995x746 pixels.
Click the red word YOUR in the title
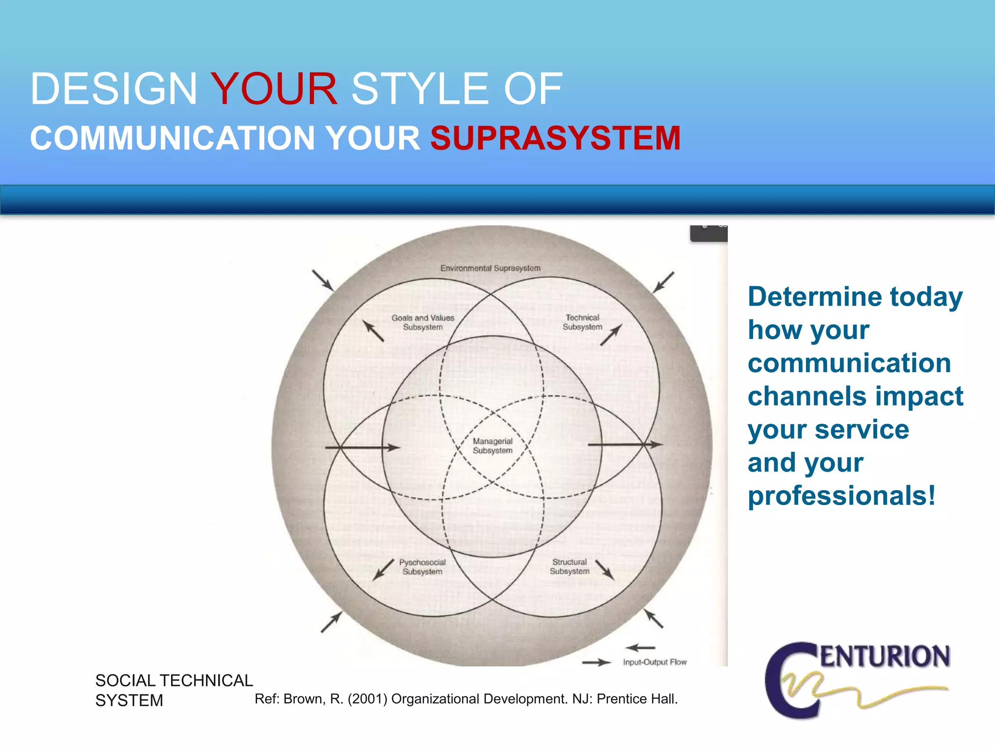tap(274, 89)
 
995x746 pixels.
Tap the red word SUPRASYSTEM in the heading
tap(555, 138)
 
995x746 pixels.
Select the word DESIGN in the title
tap(114, 89)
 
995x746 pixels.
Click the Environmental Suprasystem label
tap(490, 268)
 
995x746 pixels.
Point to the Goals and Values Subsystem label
tap(423, 322)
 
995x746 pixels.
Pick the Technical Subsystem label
tap(582, 322)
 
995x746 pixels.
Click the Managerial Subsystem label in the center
tap(493, 446)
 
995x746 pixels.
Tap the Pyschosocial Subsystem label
tap(422, 567)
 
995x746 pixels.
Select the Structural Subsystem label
tap(569, 566)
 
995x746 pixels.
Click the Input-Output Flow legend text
tap(654, 662)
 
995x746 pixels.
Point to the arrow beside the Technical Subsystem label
tap(611, 335)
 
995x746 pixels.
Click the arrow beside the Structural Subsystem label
tap(605, 570)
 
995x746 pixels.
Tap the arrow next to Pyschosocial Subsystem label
tap(383, 569)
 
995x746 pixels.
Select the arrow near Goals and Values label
tap(373, 331)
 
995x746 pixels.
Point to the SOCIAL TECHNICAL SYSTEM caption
tap(173, 690)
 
